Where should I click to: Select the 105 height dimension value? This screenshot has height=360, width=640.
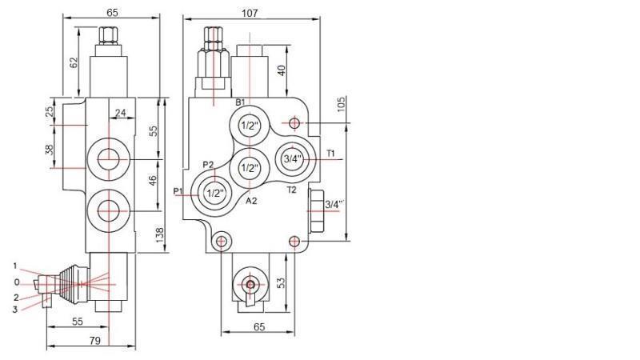341,106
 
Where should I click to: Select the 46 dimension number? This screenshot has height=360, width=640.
154,182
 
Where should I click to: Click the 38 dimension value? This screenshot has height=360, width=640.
49,150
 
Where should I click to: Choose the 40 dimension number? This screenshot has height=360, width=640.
282,70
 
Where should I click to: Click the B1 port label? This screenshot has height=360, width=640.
240,102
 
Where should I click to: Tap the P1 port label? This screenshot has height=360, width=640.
178,190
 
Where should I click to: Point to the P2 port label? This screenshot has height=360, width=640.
208,165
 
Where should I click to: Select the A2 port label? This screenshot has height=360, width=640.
250,201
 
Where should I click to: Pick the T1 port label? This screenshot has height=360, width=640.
331,153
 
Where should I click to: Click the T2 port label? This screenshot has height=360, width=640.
291,190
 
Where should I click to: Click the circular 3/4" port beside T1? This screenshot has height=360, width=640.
292,159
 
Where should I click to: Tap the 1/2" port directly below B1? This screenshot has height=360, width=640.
250,126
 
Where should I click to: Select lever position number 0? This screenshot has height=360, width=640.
17,282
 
